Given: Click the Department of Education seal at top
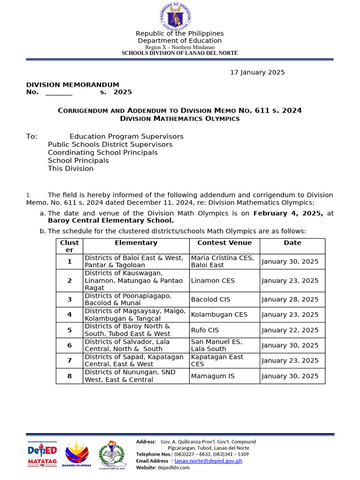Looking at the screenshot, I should click(x=175, y=15).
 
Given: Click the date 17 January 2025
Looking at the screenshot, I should click(x=257, y=72).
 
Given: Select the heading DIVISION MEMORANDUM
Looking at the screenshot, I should click(x=73, y=84).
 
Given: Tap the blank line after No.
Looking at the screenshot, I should click(x=59, y=92).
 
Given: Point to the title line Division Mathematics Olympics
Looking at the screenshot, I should click(x=180, y=119).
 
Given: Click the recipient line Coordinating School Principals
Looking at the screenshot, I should click(x=103, y=152).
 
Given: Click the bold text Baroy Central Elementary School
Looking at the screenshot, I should click(x=111, y=220).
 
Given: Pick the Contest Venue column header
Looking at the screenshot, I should click(x=225, y=243).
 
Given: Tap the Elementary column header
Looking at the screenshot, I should click(x=136, y=243).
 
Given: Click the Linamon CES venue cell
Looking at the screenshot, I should click(x=213, y=281).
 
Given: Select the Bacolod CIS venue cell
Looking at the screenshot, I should click(x=210, y=299).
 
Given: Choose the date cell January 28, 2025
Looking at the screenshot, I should click(x=290, y=300).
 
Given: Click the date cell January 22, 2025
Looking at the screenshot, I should click(x=290, y=330).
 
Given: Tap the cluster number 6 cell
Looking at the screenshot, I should click(x=69, y=345).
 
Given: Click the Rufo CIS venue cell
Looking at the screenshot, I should click(x=205, y=330).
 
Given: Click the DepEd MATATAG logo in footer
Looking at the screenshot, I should click(x=42, y=454).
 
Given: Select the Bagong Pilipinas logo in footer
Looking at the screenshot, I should click(x=78, y=455).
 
